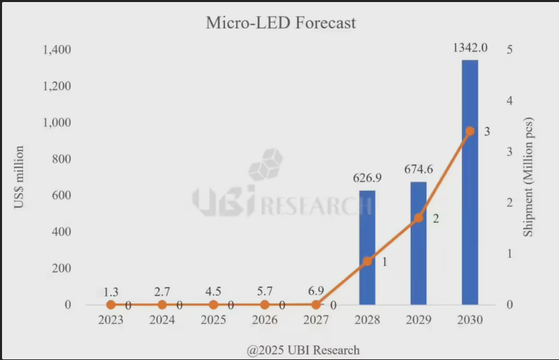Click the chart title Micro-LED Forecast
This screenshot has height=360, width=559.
281,23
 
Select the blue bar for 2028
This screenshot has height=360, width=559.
367,248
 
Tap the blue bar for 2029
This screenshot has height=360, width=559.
418,244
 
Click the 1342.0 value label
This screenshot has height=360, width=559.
470,48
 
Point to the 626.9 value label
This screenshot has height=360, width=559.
367,178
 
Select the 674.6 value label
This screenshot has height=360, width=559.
418,169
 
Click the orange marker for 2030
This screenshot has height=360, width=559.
470,131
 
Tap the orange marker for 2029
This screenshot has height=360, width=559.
418,218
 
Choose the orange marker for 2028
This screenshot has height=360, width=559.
367,261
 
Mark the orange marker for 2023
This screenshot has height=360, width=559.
111,305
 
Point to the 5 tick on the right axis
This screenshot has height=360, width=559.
509,50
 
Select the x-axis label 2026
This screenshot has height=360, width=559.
265,321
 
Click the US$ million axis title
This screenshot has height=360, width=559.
20,177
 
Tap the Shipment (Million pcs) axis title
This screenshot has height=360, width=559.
528,177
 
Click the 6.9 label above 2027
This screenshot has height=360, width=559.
316,291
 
